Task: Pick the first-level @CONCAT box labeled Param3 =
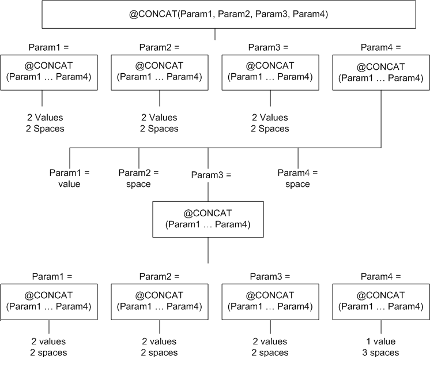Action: [270, 72]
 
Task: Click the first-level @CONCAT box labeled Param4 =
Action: [382, 72]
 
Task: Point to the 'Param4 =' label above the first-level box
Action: [381, 47]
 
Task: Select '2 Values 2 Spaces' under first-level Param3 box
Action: [270, 123]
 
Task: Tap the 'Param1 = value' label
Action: [69, 178]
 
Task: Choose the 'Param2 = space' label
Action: [138, 178]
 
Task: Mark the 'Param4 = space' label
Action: [297, 178]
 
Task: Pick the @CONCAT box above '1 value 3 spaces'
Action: [382, 301]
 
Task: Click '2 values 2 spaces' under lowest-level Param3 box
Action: [270, 347]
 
